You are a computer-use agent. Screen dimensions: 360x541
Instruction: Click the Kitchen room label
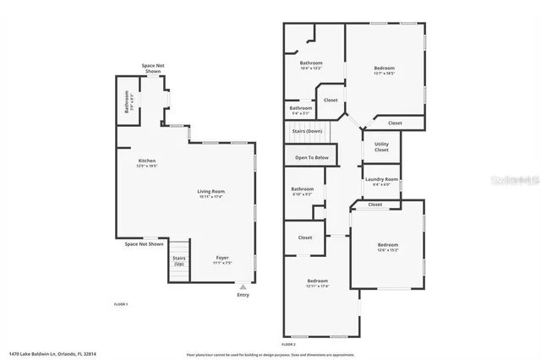click(146, 161)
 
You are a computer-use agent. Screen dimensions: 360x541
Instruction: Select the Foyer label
click(222, 257)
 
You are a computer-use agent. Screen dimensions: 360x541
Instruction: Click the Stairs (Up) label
click(179, 260)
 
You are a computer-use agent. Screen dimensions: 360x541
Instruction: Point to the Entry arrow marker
click(243, 287)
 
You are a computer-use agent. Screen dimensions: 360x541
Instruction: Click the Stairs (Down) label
click(307, 131)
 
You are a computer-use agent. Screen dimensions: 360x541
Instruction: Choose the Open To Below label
click(311, 157)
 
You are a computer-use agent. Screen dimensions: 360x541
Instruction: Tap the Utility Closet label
click(382, 147)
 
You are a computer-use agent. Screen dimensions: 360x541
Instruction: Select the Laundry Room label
click(381, 178)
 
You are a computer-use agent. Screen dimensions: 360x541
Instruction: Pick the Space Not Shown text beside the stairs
click(144, 244)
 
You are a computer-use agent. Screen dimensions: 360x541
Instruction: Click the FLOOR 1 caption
click(121, 303)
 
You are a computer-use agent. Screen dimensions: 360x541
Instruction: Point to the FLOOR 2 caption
click(289, 344)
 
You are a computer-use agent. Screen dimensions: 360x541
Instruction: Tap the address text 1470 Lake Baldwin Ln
click(52, 353)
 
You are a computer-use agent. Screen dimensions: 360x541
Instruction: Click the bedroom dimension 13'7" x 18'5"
click(385, 74)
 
